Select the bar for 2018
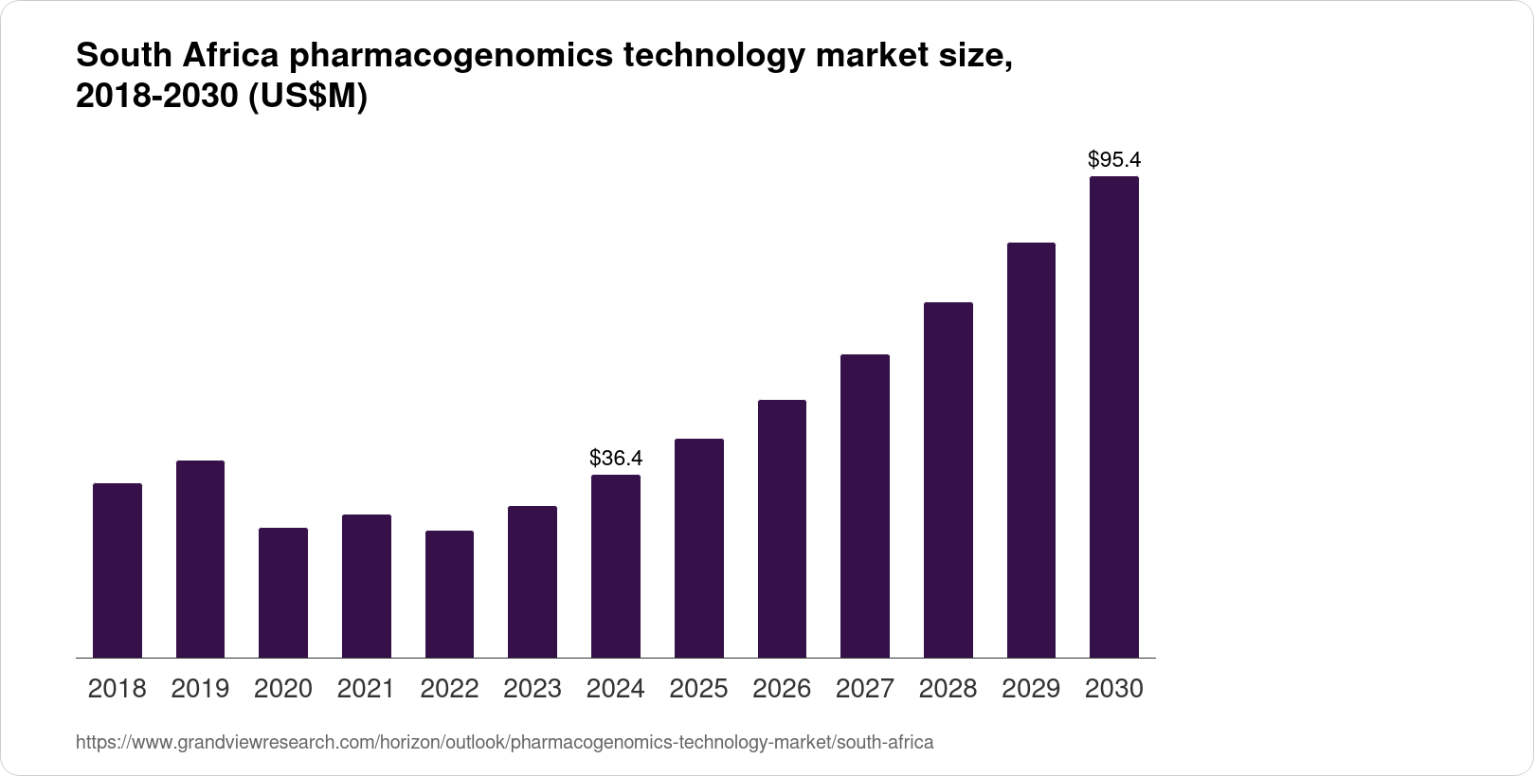(117, 570)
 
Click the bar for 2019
(200, 559)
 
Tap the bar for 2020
(283, 592)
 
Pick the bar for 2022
(449, 594)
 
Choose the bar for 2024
(616, 566)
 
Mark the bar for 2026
(782, 529)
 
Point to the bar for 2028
(948, 479)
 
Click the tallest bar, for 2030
(1114, 417)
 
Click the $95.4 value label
(1114, 159)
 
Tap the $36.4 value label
(616, 459)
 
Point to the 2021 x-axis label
(366, 689)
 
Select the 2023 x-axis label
(533, 689)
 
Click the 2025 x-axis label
(698, 689)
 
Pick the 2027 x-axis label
(865, 689)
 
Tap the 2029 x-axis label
(1031, 689)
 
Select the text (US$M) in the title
(307, 98)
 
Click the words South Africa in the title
(176, 57)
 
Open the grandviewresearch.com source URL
(504, 742)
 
